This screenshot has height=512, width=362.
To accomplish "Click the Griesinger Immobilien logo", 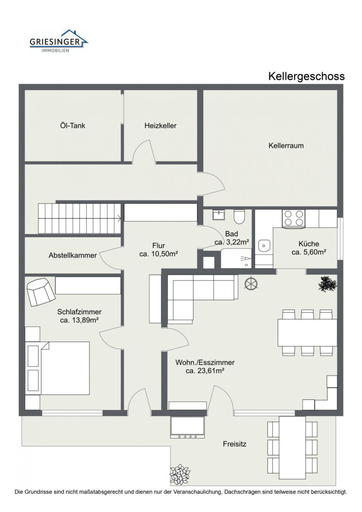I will coord(59,41).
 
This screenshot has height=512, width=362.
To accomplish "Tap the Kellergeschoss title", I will coord(306,76).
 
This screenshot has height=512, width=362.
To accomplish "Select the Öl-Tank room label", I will coord(72,125).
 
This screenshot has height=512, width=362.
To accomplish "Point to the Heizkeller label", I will coord(160,125).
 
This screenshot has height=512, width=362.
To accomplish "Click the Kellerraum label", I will coord(286,145).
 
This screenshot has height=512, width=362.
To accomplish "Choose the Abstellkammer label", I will coord(72,255).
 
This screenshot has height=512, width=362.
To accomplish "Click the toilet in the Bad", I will coord(239,216).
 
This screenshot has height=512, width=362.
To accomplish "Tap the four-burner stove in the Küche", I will coord(294,218).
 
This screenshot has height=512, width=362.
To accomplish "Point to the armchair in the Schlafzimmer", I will coord(40,292).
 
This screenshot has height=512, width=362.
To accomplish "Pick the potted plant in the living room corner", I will coord(327,284).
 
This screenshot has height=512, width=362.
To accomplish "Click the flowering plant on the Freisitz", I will coord(180,474).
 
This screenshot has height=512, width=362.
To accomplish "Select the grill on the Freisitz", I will coord(187,427).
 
